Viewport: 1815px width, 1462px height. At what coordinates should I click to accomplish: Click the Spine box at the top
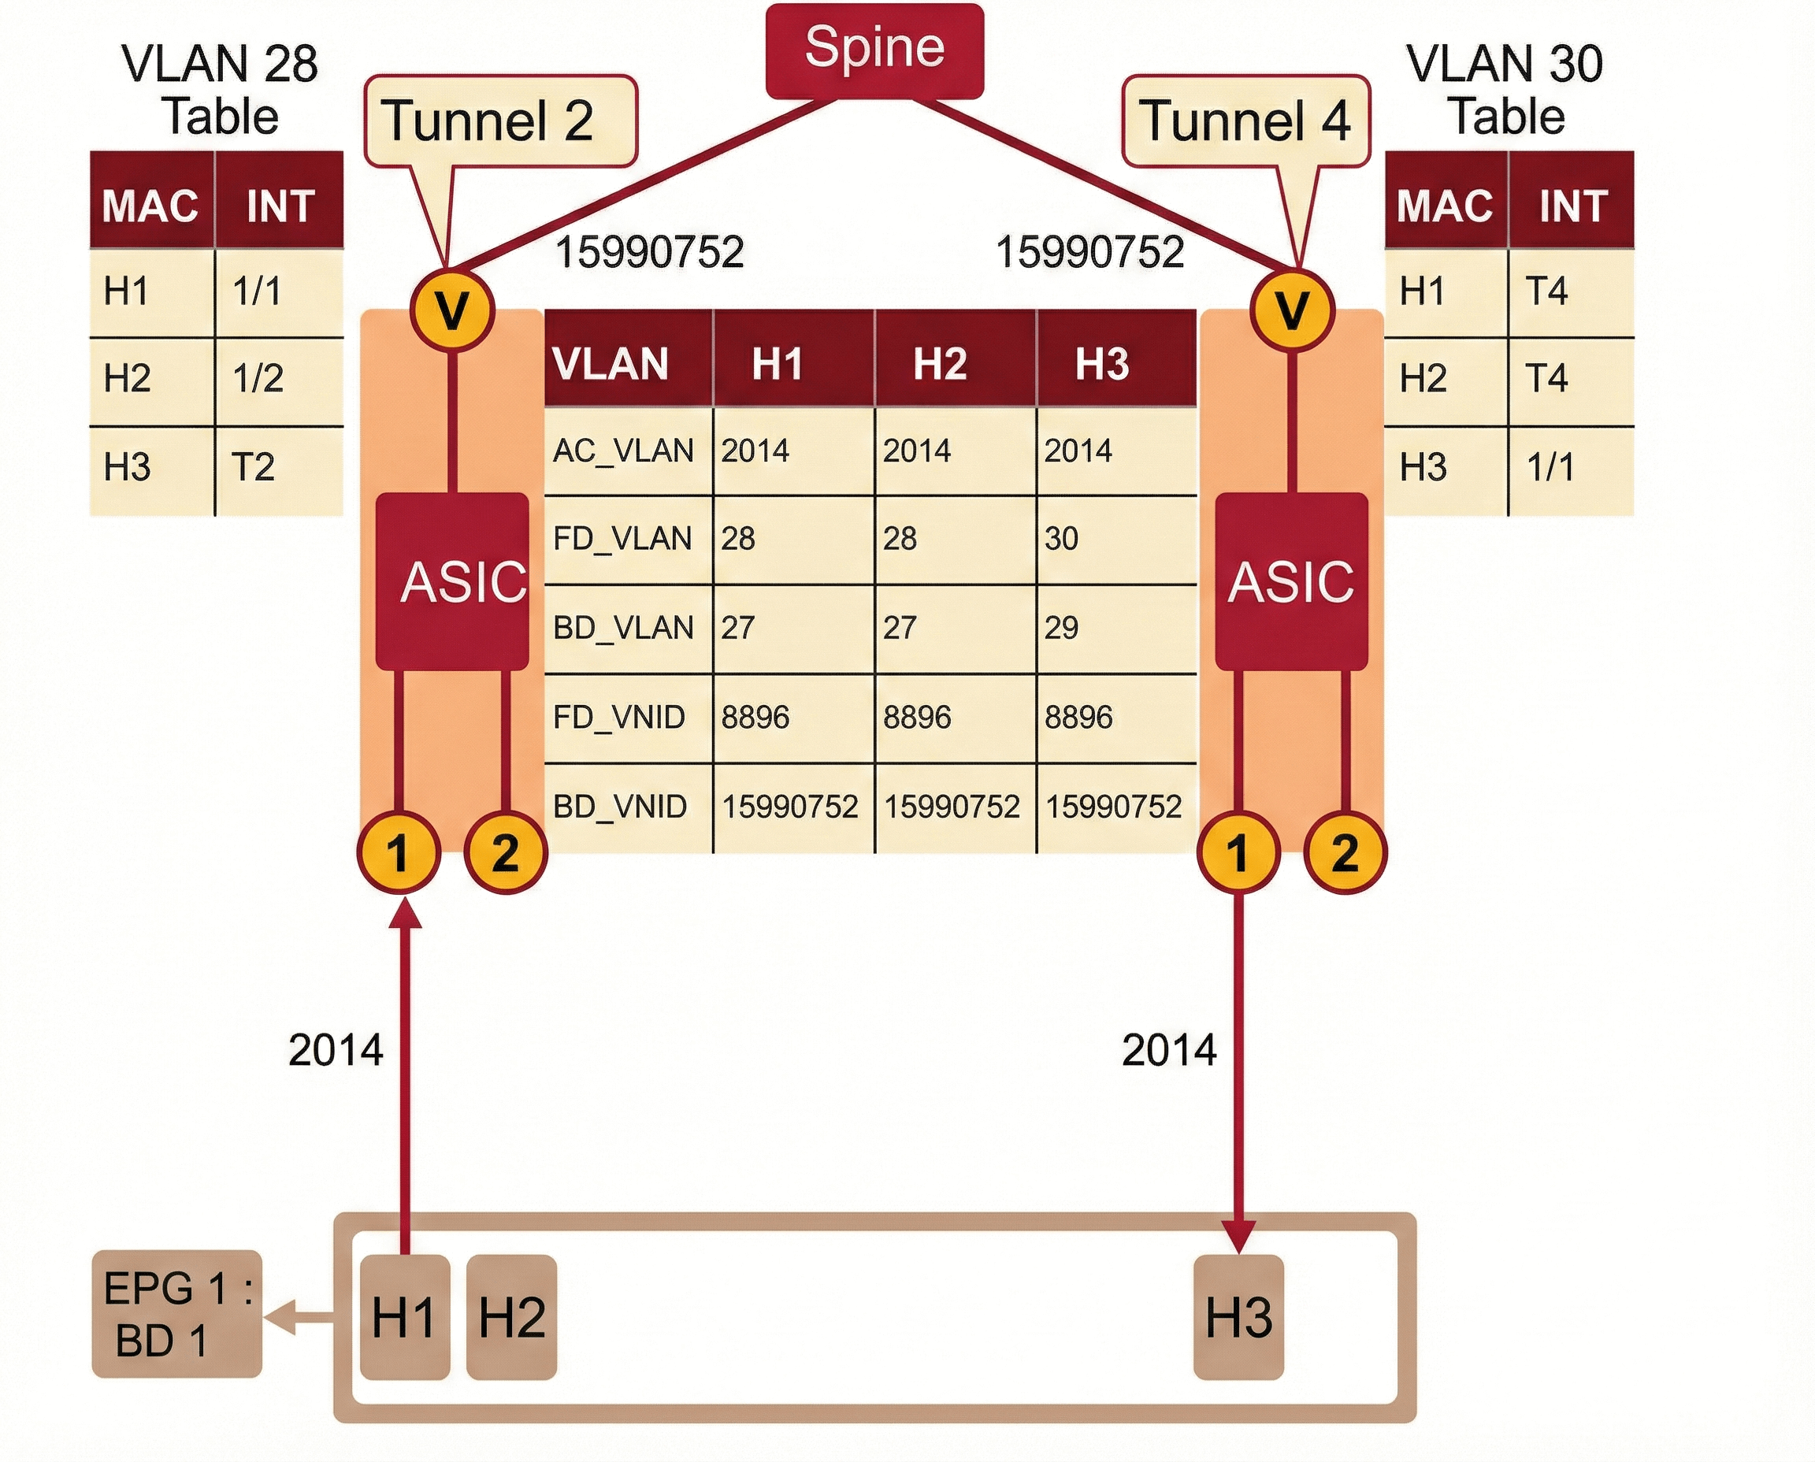[x=874, y=50]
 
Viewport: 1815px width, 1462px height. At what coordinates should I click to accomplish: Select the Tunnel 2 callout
[x=500, y=121]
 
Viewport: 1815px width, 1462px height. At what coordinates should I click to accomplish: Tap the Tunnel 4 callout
[x=1245, y=121]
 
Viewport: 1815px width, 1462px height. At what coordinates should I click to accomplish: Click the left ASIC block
[x=452, y=581]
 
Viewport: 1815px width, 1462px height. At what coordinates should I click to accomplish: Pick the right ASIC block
[x=1291, y=581]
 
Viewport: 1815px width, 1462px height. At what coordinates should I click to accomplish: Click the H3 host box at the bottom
[x=1239, y=1317]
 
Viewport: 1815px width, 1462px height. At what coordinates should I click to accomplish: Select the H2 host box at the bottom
[x=511, y=1317]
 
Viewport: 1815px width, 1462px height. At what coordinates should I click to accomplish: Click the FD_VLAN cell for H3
[x=1116, y=539]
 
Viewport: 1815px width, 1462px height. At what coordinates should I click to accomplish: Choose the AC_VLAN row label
[x=624, y=451]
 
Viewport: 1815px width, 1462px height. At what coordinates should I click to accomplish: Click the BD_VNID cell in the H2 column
[x=953, y=807]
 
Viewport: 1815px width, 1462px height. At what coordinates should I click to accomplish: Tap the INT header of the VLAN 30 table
[x=1572, y=205]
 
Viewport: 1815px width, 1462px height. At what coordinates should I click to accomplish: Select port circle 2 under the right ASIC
[x=1344, y=852]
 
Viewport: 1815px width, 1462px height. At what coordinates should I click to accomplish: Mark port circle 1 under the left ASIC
[x=399, y=852]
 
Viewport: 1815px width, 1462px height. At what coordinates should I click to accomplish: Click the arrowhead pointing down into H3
[x=1239, y=1236]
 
